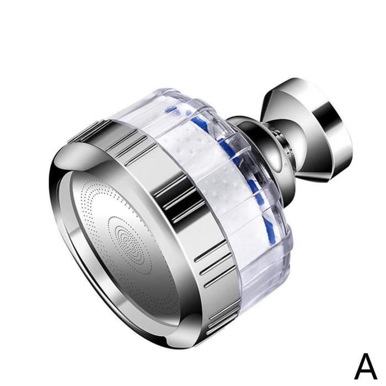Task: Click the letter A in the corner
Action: tap(366, 367)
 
